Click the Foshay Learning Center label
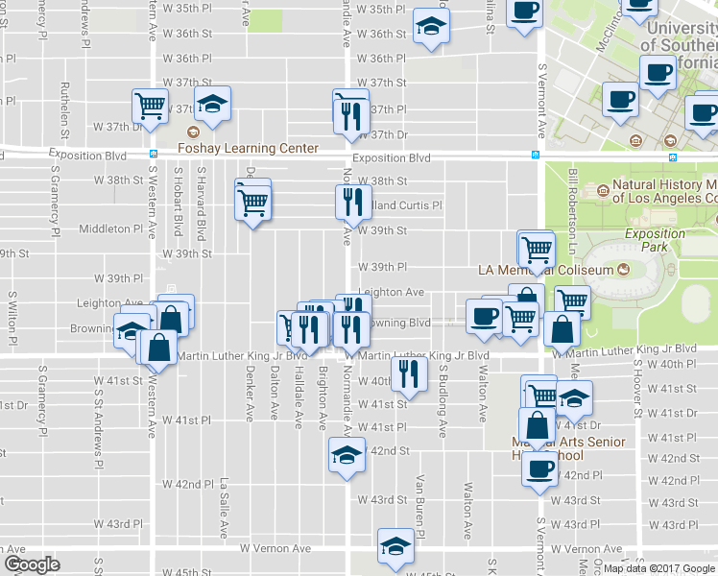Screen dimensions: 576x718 pos(248,149)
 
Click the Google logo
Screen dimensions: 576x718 pos(32,564)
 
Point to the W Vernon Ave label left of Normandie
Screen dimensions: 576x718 pos(275,548)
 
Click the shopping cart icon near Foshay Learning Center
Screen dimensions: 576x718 pos(150,108)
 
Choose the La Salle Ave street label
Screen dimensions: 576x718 pos(224,508)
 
